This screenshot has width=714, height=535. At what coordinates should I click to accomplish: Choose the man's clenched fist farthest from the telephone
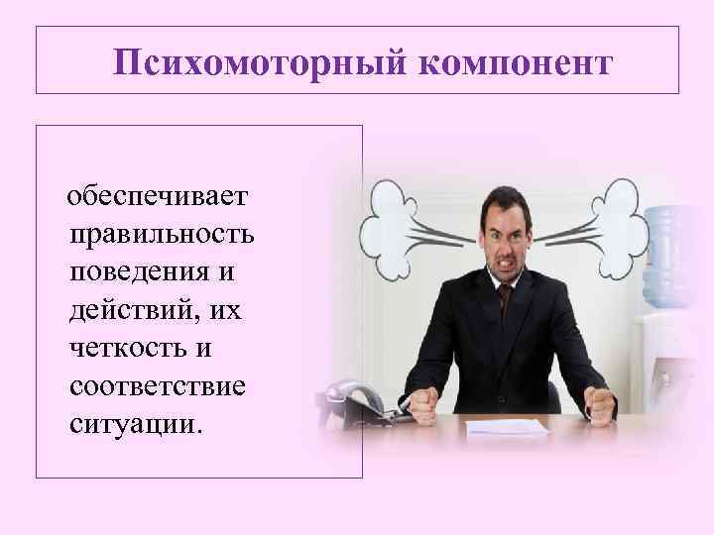tap(602, 400)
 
